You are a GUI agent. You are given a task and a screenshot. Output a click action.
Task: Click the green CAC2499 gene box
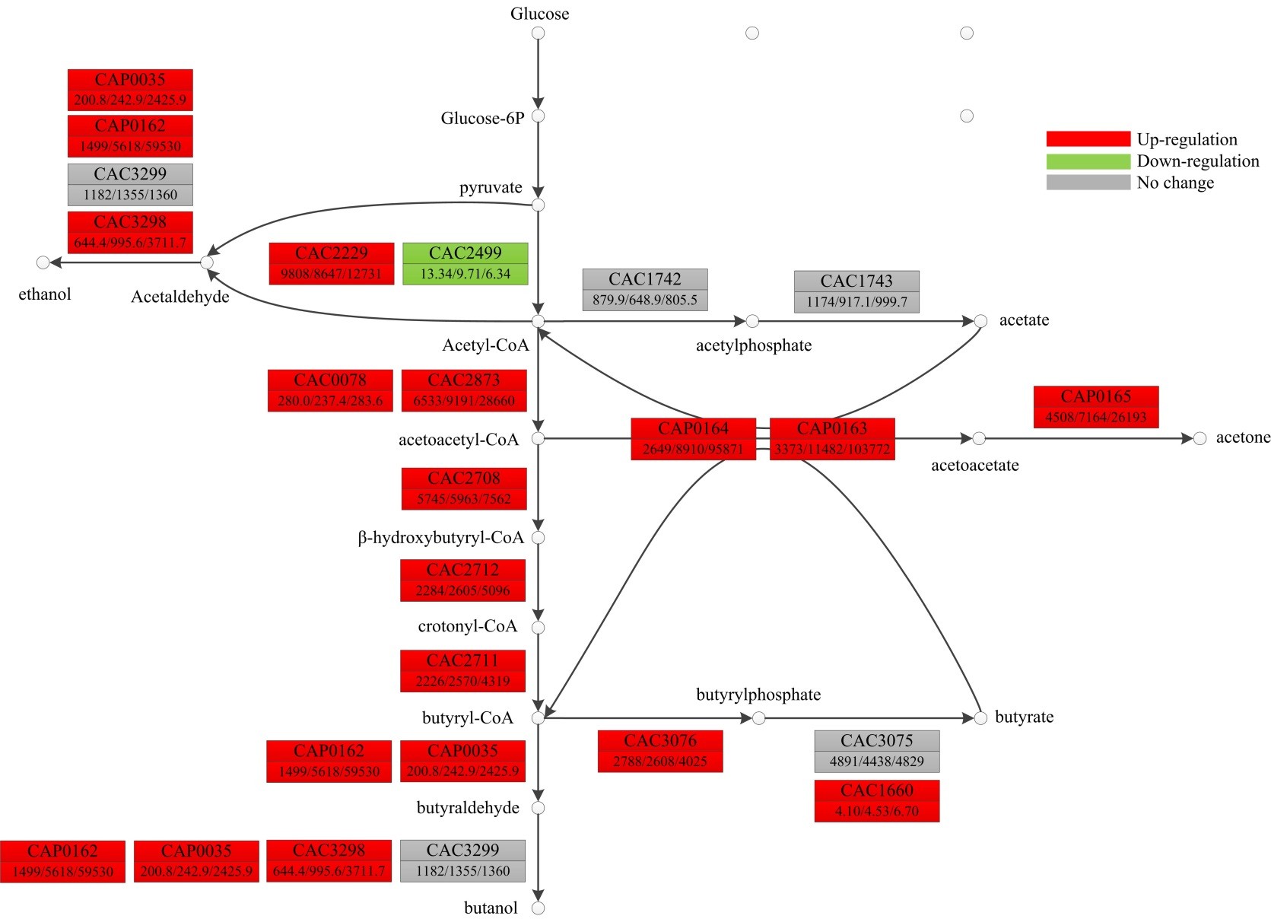465,263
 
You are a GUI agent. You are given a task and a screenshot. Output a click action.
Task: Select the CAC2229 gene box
332,263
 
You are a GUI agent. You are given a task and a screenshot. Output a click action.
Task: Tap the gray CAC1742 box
645,289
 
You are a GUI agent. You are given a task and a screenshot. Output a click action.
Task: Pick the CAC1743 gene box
856,291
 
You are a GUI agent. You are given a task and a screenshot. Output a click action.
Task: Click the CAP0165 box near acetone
1096,406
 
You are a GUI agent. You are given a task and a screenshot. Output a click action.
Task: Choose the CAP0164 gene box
693,439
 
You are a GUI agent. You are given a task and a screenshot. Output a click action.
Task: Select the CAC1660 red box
877,800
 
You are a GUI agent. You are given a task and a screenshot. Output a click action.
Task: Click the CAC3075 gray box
877,751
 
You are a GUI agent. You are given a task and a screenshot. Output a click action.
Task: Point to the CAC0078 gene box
330,390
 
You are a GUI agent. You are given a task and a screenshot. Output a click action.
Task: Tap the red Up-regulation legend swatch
1088,138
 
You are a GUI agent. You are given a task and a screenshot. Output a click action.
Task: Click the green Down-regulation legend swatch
1088,161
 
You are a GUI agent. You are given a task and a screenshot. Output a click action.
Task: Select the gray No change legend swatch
1088,182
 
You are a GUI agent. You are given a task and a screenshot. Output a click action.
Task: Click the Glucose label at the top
539,14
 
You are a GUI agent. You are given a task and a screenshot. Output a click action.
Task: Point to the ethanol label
45,294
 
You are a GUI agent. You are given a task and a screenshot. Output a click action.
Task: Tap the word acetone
1243,437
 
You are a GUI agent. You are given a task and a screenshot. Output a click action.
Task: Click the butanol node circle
539,908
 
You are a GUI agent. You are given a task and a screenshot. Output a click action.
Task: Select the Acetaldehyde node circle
207,262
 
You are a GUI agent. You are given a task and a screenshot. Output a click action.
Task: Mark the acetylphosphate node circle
752,321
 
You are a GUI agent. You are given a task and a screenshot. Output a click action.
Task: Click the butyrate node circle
980,717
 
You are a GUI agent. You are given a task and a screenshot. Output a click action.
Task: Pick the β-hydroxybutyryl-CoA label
441,538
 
